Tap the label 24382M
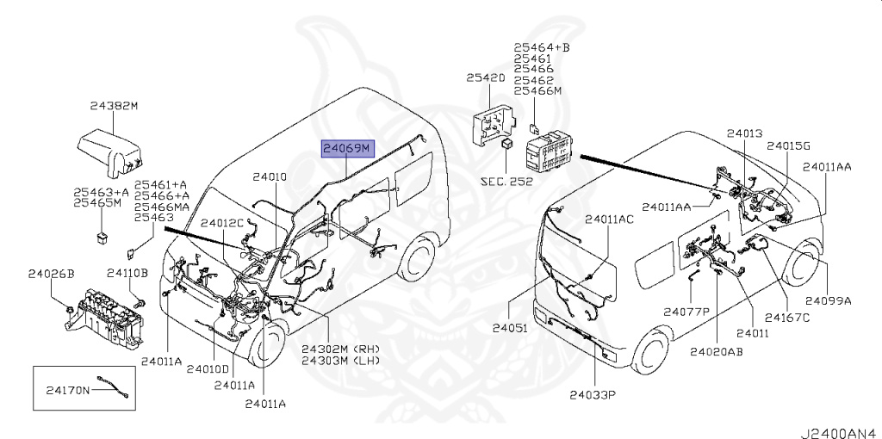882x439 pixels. pyautogui.click(x=113, y=107)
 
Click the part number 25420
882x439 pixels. pyautogui.click(x=485, y=77)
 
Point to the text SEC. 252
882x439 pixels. pyautogui.click(x=506, y=182)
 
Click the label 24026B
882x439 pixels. pyautogui.click(x=51, y=274)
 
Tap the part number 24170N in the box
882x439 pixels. pyautogui.click(x=67, y=390)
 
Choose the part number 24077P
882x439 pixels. pyautogui.click(x=686, y=311)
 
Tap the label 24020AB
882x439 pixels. pyautogui.click(x=716, y=351)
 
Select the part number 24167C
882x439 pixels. pyautogui.click(x=786, y=317)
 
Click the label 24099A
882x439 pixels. pyautogui.click(x=828, y=300)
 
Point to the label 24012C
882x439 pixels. pyautogui.click(x=222, y=223)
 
